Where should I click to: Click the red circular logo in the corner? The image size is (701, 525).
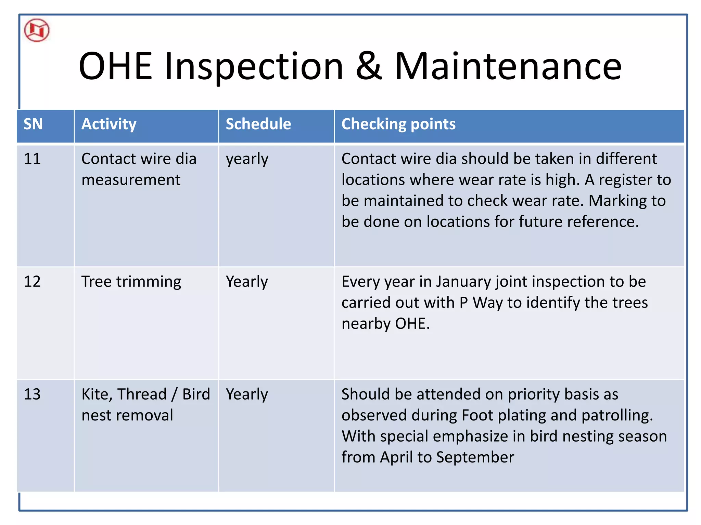[37, 31]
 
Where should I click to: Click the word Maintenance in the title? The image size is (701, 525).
[508, 66]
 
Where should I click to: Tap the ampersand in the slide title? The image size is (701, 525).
[369, 66]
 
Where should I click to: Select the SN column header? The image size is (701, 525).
[33, 124]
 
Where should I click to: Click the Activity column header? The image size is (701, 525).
[109, 124]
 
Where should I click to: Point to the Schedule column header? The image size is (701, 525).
[258, 124]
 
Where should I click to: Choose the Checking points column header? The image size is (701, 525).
[398, 124]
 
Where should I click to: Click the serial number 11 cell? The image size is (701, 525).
[32, 159]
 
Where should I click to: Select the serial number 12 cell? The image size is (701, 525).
[32, 282]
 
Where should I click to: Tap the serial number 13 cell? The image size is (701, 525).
[32, 394]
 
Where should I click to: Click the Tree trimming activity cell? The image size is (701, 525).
[131, 282]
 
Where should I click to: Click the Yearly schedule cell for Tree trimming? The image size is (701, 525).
[247, 282]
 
